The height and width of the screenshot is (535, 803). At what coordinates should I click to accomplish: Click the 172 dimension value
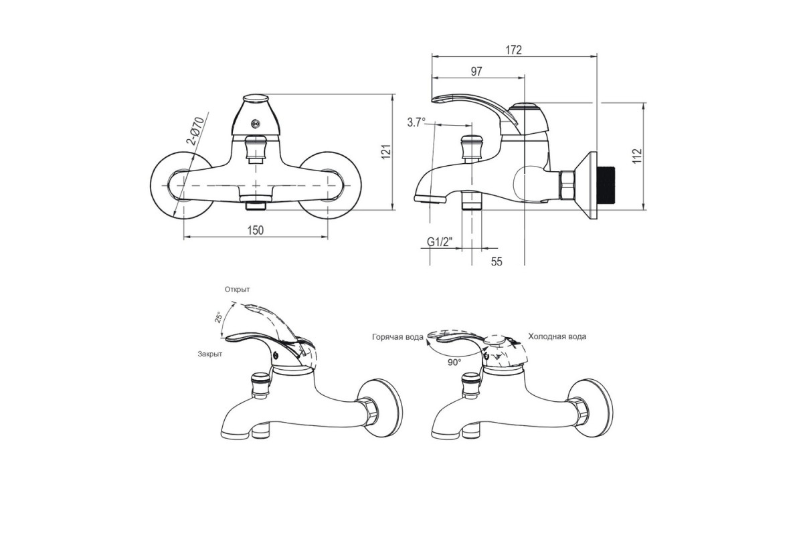[x=514, y=49]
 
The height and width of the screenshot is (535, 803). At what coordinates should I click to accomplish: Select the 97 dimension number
[x=476, y=72]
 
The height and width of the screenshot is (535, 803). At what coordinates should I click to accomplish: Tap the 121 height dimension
[x=385, y=152]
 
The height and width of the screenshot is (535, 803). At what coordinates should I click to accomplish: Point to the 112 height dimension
[x=636, y=156]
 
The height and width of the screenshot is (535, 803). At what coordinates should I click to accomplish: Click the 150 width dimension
[x=256, y=230]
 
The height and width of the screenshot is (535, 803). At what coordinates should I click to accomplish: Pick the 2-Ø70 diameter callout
[x=196, y=131]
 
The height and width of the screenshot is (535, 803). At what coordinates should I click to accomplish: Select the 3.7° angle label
[x=416, y=122]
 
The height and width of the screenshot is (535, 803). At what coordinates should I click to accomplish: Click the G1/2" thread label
[x=440, y=242]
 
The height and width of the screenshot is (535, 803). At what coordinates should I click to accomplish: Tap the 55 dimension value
[x=497, y=261]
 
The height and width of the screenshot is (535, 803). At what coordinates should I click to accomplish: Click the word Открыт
[x=238, y=289]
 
